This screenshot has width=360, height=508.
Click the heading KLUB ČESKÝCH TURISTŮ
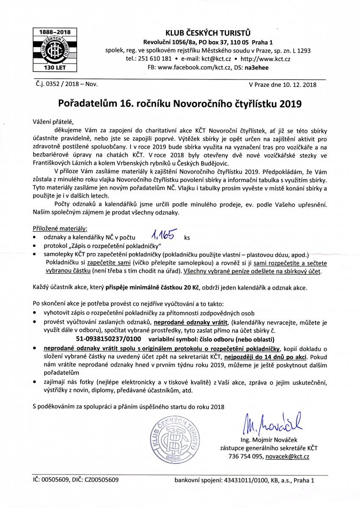click(208, 33)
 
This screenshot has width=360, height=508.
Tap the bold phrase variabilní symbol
click(172, 340)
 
